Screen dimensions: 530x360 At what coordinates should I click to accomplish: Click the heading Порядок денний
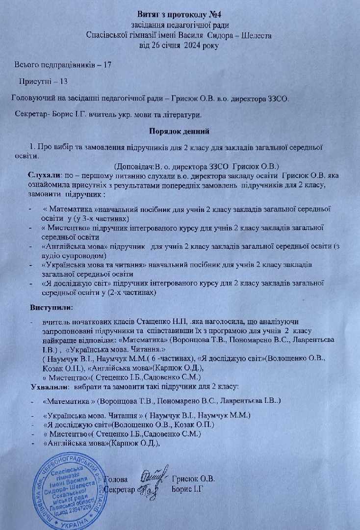pos(180,131)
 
